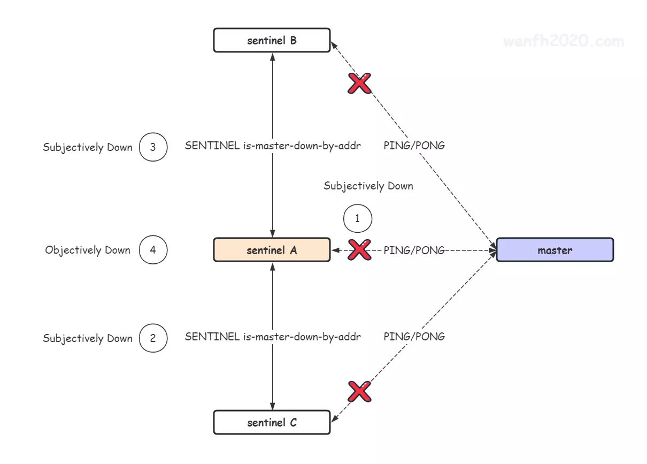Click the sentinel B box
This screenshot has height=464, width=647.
click(272, 41)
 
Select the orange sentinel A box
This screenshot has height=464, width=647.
click(272, 250)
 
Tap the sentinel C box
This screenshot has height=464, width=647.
click(272, 423)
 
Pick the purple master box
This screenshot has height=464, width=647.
click(554, 250)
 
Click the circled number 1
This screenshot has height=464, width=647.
click(357, 219)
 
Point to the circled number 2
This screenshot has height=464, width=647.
click(153, 338)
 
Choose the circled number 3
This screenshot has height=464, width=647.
click(153, 147)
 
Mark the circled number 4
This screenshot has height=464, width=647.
click(153, 250)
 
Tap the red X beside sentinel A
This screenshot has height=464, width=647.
click(360, 250)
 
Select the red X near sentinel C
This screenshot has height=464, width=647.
click(359, 392)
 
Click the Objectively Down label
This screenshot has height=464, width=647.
click(88, 250)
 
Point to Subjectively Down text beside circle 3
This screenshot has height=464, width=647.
click(88, 147)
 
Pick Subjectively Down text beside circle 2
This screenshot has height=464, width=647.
click(88, 338)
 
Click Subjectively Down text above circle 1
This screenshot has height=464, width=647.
click(368, 186)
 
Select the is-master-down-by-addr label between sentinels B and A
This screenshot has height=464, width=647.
click(273, 145)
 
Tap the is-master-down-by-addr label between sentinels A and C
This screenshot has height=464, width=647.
click(273, 337)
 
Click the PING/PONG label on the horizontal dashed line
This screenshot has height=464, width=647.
click(414, 250)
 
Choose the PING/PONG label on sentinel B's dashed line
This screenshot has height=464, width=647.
click(414, 145)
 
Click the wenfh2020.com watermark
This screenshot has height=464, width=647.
click(563, 41)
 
